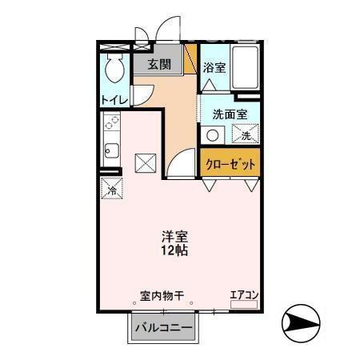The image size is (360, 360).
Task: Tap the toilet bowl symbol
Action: [x=114, y=70]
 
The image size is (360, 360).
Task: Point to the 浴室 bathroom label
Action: [x=214, y=67]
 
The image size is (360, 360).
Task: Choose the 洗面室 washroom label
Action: [x=230, y=113]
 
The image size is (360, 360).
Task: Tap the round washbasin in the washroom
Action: [x=213, y=135]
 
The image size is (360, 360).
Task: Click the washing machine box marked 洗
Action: [x=246, y=135]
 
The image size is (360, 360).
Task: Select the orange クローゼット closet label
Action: [x=230, y=163]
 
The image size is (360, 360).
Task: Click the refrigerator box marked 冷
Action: [x=113, y=190]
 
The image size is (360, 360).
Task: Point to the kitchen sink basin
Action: [x=111, y=150]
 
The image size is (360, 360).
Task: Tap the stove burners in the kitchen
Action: [x=111, y=123]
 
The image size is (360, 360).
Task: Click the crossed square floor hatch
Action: [x=146, y=162]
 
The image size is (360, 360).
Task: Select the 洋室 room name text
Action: [x=173, y=237]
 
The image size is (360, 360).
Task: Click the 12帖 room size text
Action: [x=173, y=251]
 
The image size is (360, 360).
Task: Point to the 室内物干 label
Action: [x=162, y=295]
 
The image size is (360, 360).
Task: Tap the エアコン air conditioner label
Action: [x=245, y=295]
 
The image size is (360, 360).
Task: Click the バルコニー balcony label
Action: [x=163, y=328]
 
